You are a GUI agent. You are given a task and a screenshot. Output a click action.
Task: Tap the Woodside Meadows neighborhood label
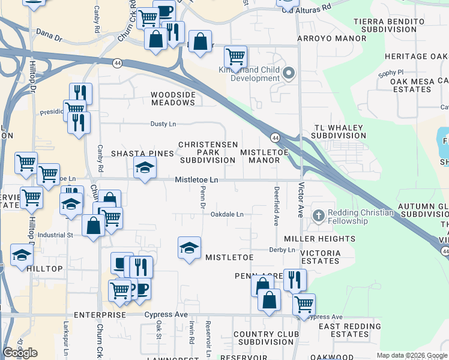pos(173,98)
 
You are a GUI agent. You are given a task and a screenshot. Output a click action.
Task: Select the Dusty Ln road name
pos(163,124)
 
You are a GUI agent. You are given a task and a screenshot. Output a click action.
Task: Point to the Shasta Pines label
pos(142,154)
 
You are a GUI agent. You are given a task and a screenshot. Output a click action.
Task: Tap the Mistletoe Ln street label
pos(196,180)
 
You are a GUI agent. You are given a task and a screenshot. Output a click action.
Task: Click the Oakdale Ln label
pos(226,214)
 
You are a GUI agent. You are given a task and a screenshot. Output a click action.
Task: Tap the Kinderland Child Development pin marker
pos(289,74)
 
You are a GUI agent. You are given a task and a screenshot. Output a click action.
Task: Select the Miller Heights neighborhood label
pos(328,239)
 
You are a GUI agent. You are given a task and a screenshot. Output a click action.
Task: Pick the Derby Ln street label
pos(282,250)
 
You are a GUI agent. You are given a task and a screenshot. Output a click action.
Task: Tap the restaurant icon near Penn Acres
pos(295,279)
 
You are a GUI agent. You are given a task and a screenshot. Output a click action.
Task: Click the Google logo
pos(20,353)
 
